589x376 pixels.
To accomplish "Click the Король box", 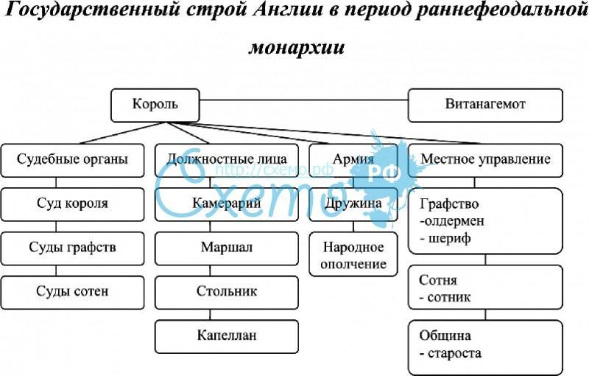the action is pyautogui.click(x=155, y=105).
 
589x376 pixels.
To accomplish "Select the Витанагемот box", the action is pyautogui.click(x=485, y=105).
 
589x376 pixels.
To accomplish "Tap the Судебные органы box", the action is pyautogui.click(x=72, y=160).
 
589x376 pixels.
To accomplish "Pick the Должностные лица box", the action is pyautogui.click(x=227, y=160).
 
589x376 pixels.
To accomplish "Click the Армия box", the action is pyautogui.click(x=353, y=160).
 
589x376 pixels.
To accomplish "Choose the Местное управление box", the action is pyautogui.click(x=485, y=160).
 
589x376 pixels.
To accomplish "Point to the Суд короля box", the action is pyautogui.click(x=72, y=204).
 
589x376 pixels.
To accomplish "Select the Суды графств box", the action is pyautogui.click(x=72, y=248).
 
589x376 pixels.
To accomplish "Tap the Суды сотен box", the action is pyautogui.click(x=72, y=292).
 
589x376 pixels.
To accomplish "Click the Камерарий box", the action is pyautogui.click(x=227, y=204).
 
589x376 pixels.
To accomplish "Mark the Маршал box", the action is pyautogui.click(x=227, y=248).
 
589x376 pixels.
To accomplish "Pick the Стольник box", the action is pyautogui.click(x=227, y=292).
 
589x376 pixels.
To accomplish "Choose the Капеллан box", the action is pyautogui.click(x=227, y=336).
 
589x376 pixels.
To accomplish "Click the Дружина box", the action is pyautogui.click(x=353, y=204).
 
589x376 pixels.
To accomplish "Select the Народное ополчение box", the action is pyautogui.click(x=353, y=254).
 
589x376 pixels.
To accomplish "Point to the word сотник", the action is pyautogui.click(x=449, y=297).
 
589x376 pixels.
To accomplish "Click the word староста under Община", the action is pyautogui.click(x=454, y=353).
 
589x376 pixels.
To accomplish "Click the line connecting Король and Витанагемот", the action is pyautogui.click(x=303, y=100).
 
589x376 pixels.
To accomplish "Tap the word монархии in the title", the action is pyautogui.click(x=297, y=48).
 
